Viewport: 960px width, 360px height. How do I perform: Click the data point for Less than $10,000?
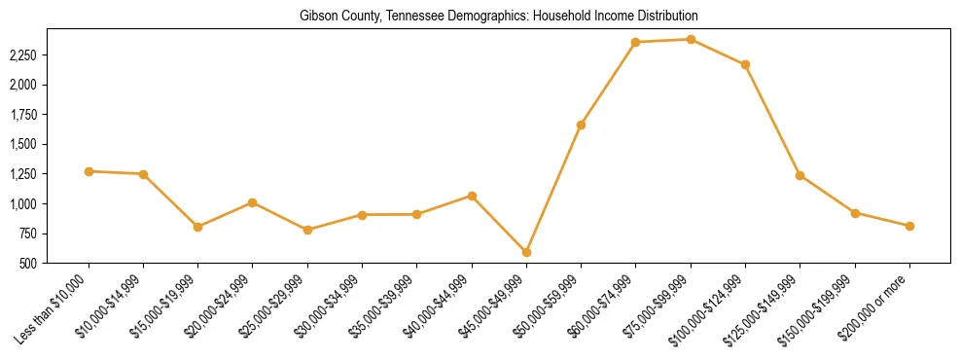pos(89,171)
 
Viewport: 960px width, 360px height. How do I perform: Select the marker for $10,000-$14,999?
pos(143,174)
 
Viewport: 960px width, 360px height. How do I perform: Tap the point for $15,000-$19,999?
pos(198,227)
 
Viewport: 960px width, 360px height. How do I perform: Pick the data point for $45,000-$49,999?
pos(526,252)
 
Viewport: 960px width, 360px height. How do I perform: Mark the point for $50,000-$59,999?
pos(581,125)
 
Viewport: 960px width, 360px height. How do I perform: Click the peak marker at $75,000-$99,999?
pos(691,39)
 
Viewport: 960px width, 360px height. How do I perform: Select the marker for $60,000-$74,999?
pos(635,42)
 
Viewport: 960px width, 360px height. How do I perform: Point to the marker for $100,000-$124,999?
pos(745,64)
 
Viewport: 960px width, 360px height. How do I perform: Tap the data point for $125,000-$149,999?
pos(800,175)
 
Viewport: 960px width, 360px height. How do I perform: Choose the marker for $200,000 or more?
pos(909,226)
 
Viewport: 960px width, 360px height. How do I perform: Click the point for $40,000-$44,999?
pos(472,196)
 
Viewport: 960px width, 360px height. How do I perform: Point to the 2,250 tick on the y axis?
pos(22,55)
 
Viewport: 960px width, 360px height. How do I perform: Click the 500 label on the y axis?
pos(28,264)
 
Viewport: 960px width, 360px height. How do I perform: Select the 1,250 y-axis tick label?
pos(22,174)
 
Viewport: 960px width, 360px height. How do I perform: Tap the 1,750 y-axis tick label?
pos(22,115)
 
